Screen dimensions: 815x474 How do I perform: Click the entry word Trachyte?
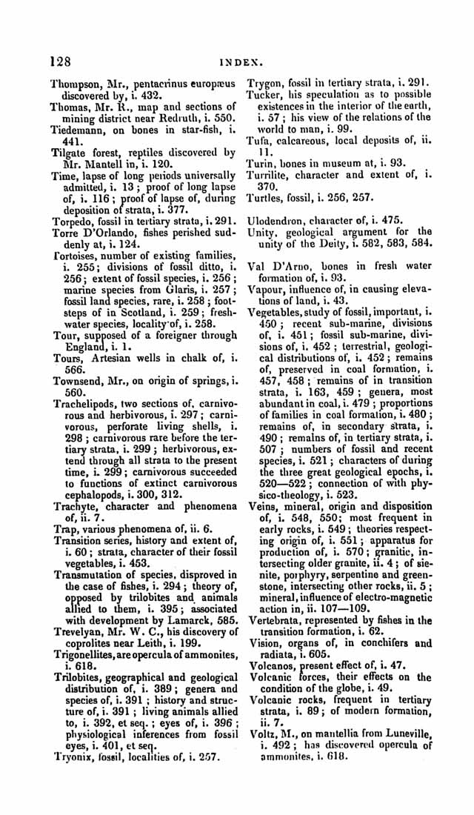[x=75, y=506]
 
